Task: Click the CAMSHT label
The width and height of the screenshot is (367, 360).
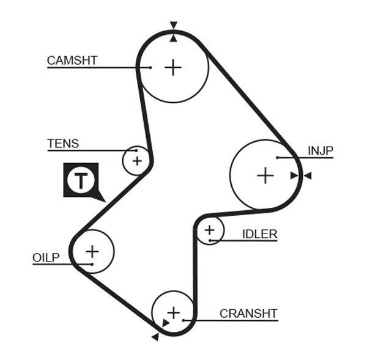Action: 72,60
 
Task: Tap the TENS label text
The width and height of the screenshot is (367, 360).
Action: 62,144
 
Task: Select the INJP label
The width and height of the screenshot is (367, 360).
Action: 321,150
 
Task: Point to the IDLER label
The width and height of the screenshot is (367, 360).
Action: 259,233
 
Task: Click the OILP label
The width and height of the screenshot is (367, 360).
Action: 46,257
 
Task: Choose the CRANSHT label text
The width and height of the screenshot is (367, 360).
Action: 248,314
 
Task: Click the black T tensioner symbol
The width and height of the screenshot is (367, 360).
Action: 81,180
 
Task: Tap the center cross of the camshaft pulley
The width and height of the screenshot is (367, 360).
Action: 174,67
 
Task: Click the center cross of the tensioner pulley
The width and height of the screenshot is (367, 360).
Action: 137,161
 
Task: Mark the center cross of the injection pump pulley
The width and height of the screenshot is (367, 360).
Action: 265,176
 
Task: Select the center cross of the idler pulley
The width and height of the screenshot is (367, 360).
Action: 210,230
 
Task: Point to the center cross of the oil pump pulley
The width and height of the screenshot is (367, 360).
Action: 92,251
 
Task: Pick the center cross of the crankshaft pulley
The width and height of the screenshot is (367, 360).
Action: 174,312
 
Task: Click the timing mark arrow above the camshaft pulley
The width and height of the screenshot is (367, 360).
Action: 174,25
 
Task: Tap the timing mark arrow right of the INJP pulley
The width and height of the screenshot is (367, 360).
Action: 308,176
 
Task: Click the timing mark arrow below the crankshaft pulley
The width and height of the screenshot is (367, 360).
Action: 155,337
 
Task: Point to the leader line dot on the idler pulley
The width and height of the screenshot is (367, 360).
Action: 210,240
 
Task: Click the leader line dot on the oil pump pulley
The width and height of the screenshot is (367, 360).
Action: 92,264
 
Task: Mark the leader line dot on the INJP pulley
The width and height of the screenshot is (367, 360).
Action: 277,158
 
